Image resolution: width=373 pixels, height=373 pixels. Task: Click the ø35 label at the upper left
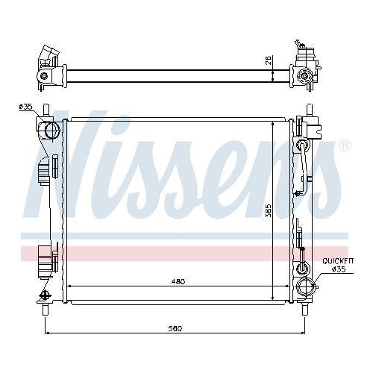coord(25,107)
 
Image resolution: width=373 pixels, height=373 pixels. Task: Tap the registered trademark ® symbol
coord(344,145)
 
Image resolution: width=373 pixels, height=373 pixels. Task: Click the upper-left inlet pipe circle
coord(51,132)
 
